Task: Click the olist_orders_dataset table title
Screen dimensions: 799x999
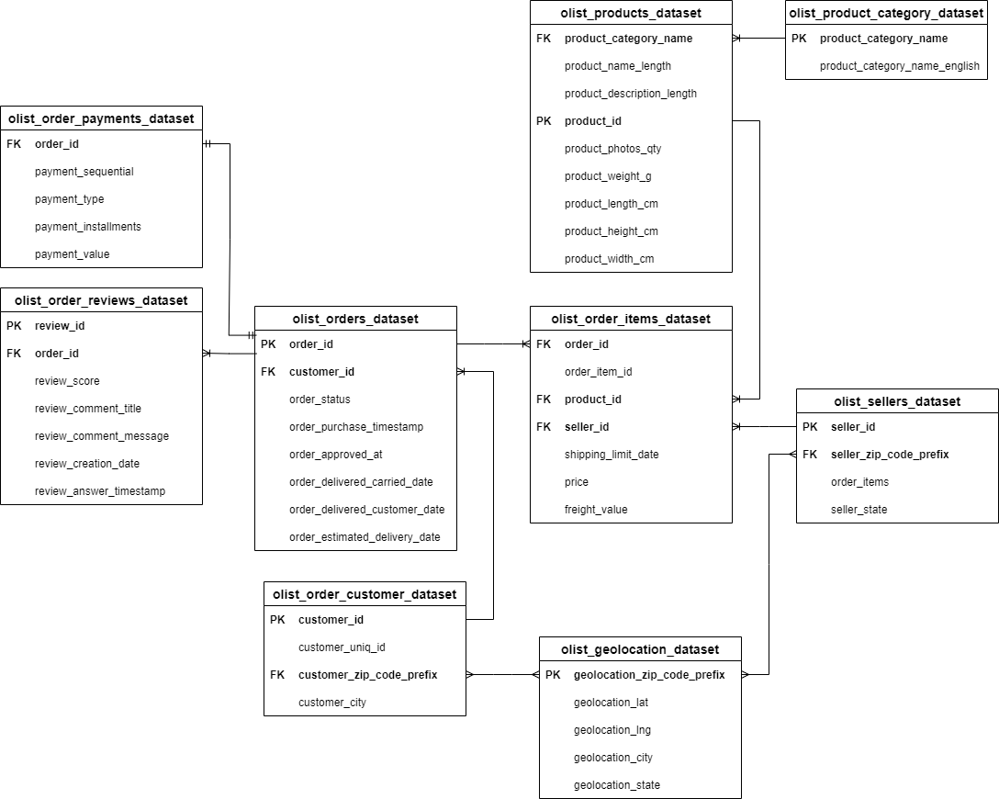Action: click(354, 319)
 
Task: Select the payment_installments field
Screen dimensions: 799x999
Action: click(87, 227)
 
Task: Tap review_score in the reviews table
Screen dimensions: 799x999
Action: click(67, 381)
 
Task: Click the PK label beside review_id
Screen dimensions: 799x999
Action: click(14, 326)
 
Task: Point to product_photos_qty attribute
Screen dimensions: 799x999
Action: click(612, 149)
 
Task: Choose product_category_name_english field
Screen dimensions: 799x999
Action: click(899, 66)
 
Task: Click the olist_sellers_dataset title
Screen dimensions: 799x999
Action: click(896, 401)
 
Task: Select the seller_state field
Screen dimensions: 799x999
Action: click(859, 510)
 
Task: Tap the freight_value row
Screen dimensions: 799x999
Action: click(596, 510)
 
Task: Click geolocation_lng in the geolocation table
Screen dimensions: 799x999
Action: click(612, 730)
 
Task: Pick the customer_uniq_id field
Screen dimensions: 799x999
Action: click(342, 647)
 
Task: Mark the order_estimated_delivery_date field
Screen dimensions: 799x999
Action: click(365, 537)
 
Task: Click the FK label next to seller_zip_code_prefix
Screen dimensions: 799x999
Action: click(809, 455)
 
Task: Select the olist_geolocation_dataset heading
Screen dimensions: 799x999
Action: click(640, 649)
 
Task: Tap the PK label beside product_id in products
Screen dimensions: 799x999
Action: click(544, 121)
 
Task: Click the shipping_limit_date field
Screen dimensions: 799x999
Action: click(612, 455)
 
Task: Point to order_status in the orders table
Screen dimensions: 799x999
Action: click(320, 399)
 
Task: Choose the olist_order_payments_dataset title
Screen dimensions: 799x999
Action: click(101, 118)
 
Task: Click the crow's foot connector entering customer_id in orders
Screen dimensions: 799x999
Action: click(462, 372)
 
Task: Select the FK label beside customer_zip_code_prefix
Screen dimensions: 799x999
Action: click(277, 675)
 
